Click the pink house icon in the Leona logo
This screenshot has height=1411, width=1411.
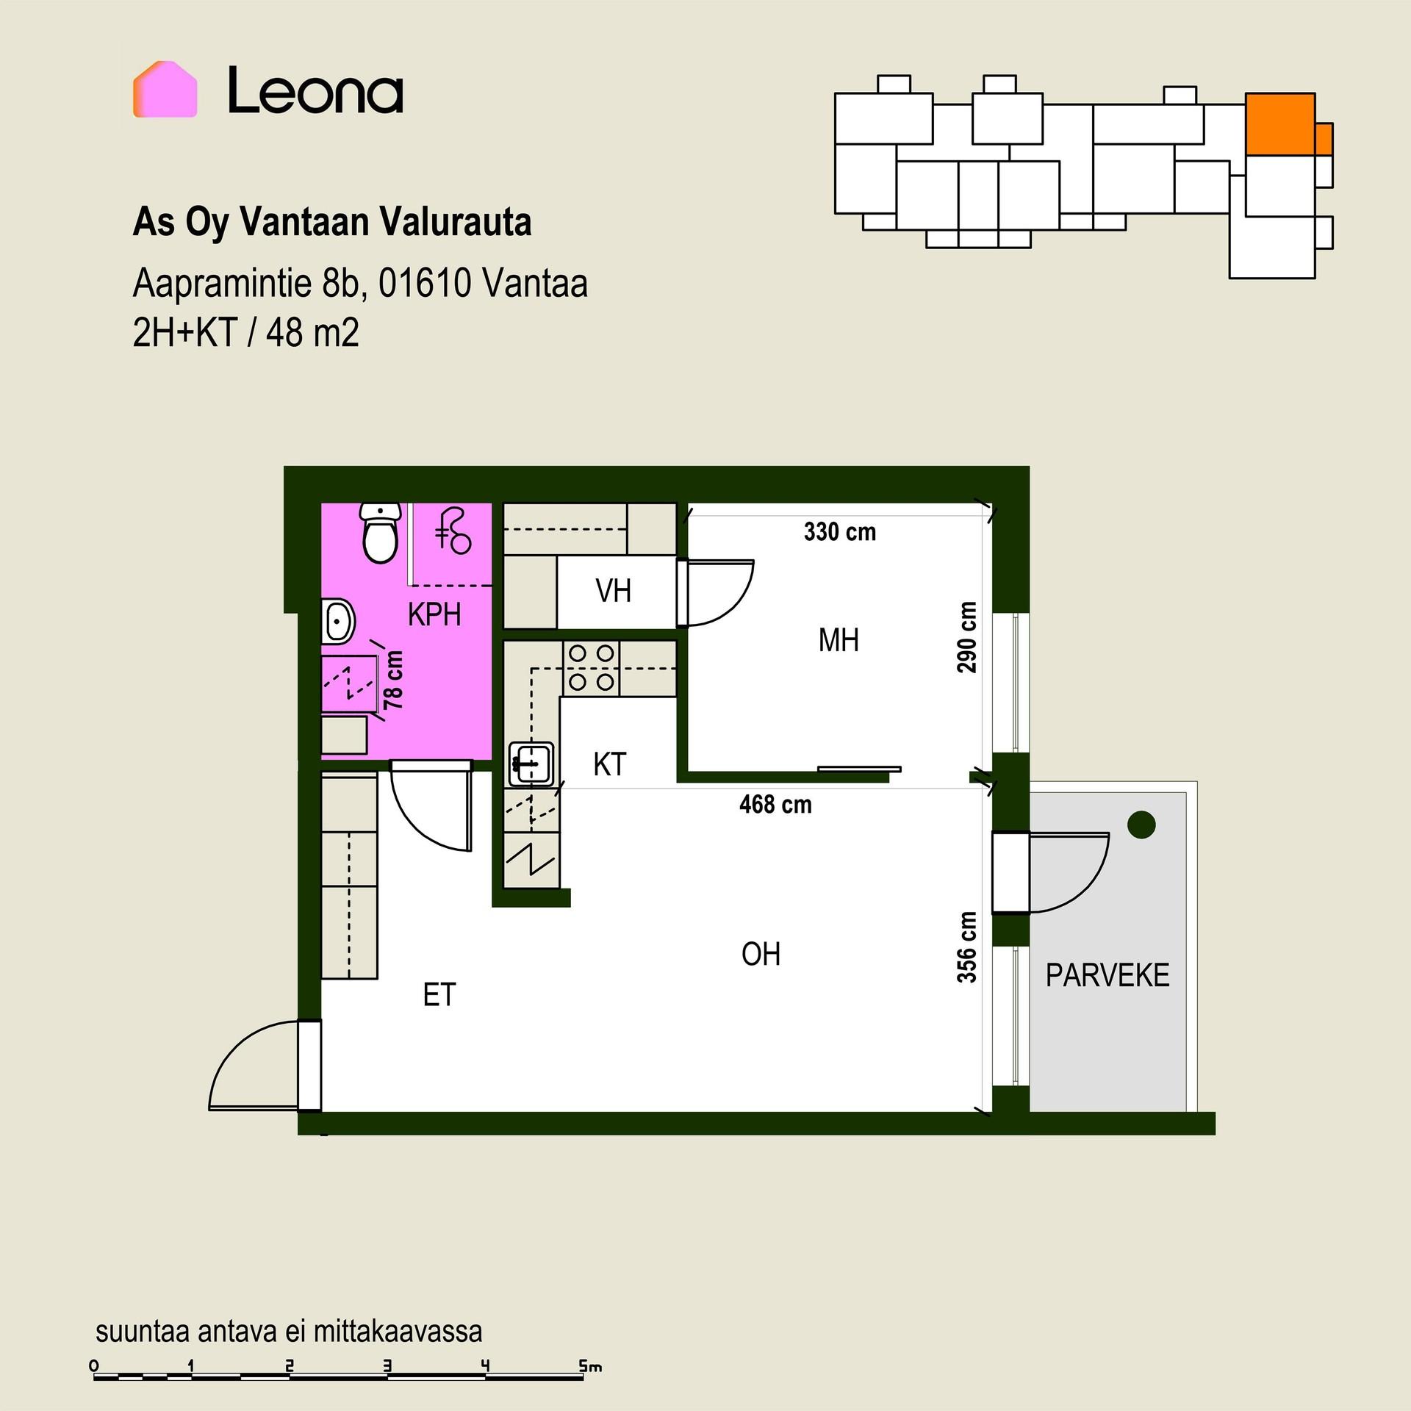click(165, 89)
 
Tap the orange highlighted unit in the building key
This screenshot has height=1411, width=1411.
click(1280, 123)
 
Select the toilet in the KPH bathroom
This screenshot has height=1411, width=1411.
click(381, 532)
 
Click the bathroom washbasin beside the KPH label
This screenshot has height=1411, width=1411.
click(338, 622)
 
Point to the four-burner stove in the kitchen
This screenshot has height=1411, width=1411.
click(591, 668)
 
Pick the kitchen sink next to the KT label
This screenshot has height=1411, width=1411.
click(531, 764)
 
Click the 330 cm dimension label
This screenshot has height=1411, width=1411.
click(840, 531)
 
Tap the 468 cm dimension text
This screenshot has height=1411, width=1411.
click(775, 804)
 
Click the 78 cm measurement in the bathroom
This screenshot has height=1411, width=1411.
click(394, 680)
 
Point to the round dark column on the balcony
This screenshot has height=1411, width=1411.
click(1141, 824)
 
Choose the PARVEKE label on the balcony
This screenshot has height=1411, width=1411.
click(1107, 975)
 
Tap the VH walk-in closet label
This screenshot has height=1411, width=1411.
click(613, 591)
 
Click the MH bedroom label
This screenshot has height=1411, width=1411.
click(839, 640)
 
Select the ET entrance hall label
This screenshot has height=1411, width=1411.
click(439, 994)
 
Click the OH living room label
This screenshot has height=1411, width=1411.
click(761, 954)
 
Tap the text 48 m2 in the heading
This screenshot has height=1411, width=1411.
click(312, 333)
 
